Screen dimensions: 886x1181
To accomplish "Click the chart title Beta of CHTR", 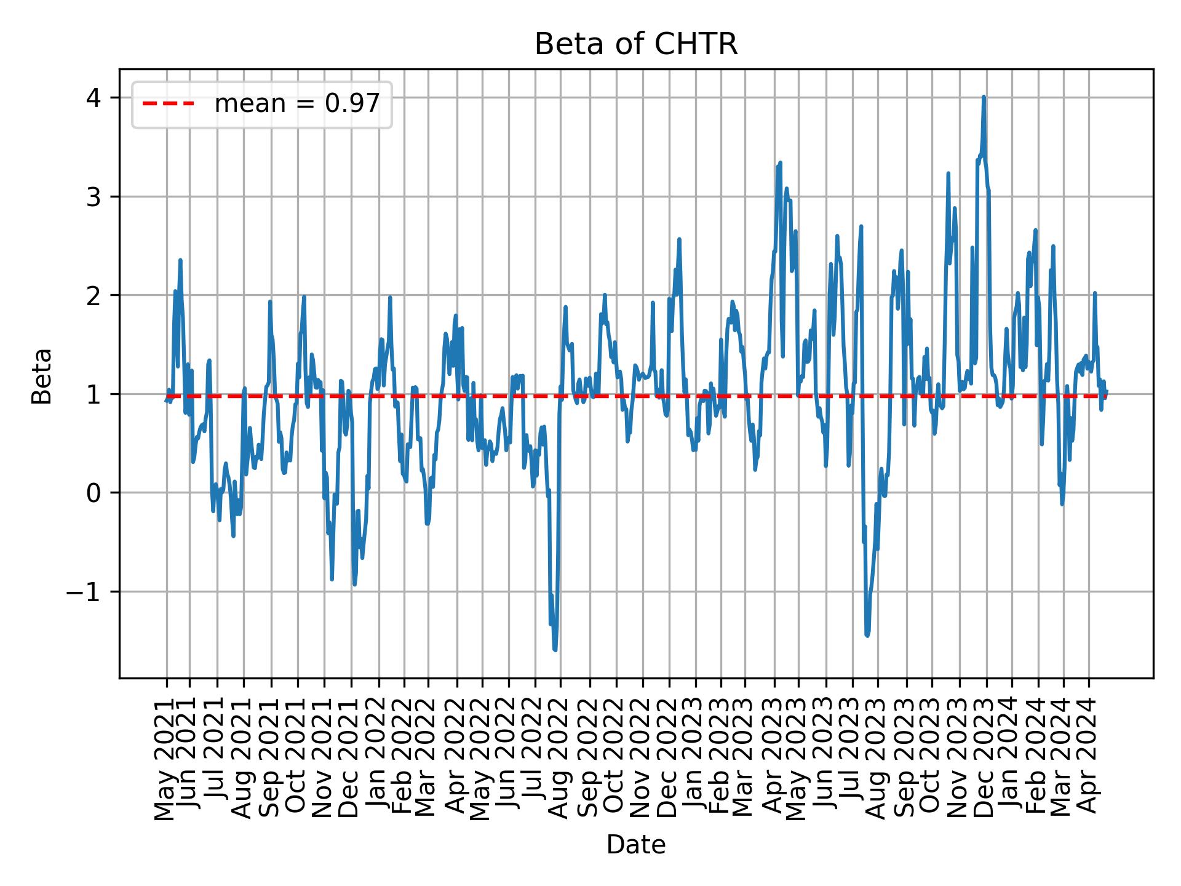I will click(635, 44).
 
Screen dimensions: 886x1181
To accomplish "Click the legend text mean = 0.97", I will click(297, 104).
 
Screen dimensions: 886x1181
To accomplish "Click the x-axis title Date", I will click(635, 845).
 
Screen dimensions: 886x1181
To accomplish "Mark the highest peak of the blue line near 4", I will click(984, 97).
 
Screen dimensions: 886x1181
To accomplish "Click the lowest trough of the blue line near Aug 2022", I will click(555, 650).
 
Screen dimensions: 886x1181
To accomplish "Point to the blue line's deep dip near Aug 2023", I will click(867, 636).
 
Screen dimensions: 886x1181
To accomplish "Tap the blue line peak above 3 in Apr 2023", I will click(780, 163).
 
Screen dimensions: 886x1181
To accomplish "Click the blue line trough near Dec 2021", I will click(354, 584).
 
